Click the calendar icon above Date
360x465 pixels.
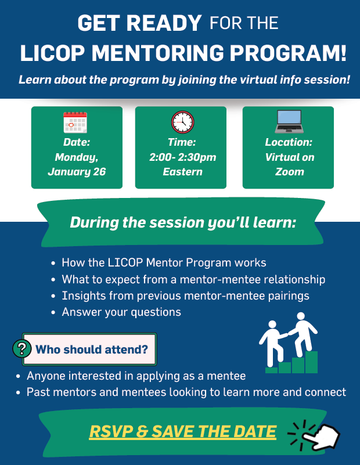click(x=75, y=122)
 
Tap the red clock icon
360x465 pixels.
click(x=182, y=122)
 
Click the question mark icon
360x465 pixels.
click(x=22, y=349)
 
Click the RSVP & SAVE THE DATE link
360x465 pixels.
click(x=183, y=431)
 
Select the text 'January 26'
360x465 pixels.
click(x=77, y=172)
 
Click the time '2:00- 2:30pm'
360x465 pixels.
click(x=182, y=157)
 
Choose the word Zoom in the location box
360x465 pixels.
click(x=290, y=172)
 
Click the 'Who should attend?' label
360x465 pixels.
click(x=92, y=349)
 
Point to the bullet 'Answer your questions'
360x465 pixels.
click(x=121, y=312)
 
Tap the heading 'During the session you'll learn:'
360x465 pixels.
click(x=183, y=222)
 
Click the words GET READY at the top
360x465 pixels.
click(x=139, y=24)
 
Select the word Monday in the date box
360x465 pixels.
click(x=77, y=157)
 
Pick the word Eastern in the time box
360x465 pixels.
click(x=182, y=172)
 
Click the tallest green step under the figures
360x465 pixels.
click(x=312, y=362)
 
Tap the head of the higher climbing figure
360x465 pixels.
click(x=301, y=316)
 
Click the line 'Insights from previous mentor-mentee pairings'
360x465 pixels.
click(x=185, y=295)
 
